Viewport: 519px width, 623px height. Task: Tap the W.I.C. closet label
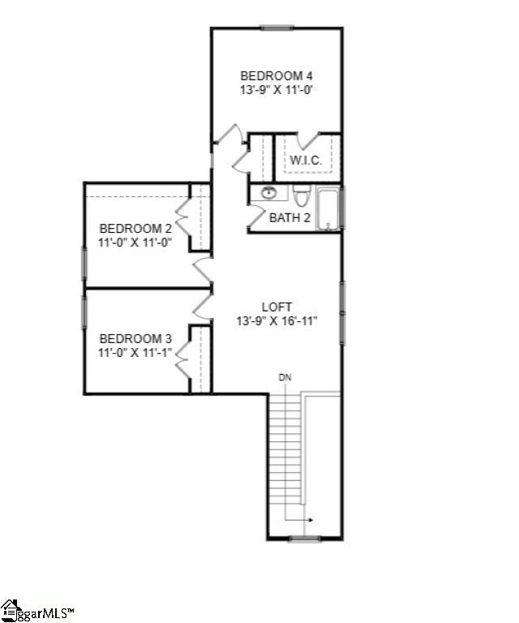[x=306, y=161]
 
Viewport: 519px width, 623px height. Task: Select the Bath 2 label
[x=290, y=217]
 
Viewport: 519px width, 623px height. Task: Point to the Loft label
[x=277, y=307]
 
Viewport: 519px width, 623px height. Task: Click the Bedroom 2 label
[x=135, y=229]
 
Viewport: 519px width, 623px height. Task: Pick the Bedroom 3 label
[x=135, y=339]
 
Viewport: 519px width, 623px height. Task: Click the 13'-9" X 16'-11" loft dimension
[x=277, y=320]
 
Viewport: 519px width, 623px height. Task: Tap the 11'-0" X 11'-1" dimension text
[x=135, y=352]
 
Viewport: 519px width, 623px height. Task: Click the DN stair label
[x=285, y=377]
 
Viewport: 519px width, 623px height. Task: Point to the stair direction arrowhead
[x=311, y=520]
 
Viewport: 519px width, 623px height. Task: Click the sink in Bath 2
[x=269, y=193]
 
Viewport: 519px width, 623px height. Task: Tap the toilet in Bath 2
[x=301, y=195]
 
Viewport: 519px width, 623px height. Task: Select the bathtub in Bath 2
[x=328, y=209]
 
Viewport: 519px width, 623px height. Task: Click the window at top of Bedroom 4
[x=277, y=28]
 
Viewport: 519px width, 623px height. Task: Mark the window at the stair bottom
[x=305, y=539]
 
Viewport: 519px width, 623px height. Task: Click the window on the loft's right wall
[x=342, y=312]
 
